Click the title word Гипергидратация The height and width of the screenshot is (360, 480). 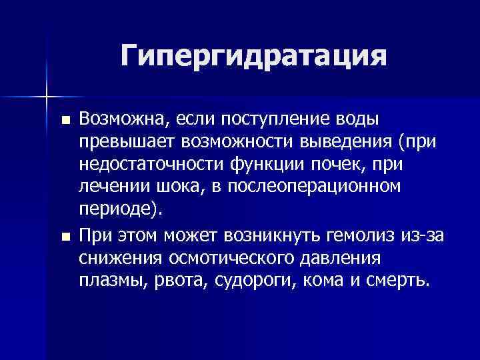(x=253, y=56)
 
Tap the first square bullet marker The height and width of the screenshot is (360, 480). (x=64, y=121)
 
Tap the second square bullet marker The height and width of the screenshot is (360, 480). (x=64, y=237)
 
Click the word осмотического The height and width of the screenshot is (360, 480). (x=230, y=257)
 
